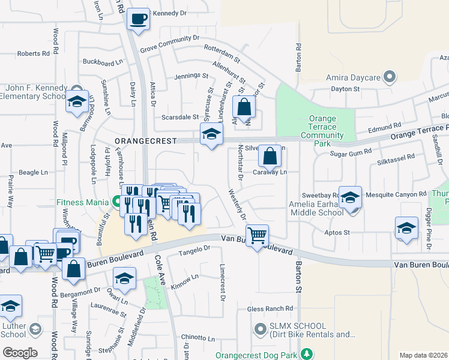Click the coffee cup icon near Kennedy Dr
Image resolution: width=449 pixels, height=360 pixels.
[x=138, y=19]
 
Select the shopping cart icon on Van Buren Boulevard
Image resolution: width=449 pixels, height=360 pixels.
[x=257, y=235]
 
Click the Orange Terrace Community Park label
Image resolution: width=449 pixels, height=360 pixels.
[x=322, y=131]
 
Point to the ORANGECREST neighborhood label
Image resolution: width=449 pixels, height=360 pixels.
[x=146, y=141]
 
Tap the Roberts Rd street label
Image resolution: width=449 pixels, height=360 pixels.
[x=33, y=54]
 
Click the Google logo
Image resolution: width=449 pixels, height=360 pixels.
[x=20, y=353]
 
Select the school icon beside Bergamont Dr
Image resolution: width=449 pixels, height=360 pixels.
[x=124, y=279]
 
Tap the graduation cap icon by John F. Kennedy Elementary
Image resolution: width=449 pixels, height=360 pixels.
[x=77, y=102]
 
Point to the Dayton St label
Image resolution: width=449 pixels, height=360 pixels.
[x=345, y=89]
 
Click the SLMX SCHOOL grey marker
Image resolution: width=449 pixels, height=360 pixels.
[x=260, y=329]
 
